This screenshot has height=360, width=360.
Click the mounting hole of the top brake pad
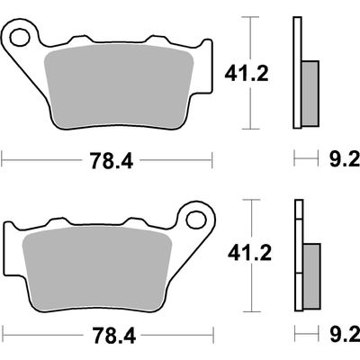click(x=20, y=37)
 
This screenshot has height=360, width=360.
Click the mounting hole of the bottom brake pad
click(x=196, y=220)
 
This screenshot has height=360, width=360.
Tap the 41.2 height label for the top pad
click(x=247, y=74)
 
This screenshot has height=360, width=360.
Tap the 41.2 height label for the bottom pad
click(x=249, y=254)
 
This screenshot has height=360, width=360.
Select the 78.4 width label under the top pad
click(x=112, y=160)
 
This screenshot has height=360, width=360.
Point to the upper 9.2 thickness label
click(x=345, y=159)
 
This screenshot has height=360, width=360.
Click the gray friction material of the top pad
click(x=119, y=87)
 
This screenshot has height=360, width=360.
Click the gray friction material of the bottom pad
click(x=96, y=267)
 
